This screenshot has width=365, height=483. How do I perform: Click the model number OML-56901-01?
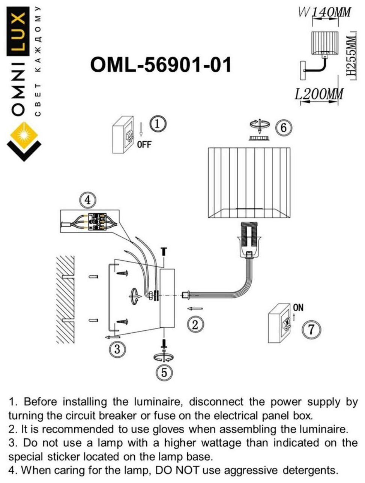(161, 64)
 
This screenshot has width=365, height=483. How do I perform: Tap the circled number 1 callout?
(158, 124)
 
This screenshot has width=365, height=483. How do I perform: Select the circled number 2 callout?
(195, 324)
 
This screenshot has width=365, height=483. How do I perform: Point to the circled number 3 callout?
(117, 349)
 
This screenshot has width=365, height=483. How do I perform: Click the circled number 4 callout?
(88, 200)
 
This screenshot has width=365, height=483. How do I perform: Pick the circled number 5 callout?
(164, 372)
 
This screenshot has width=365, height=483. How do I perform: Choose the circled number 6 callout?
(283, 127)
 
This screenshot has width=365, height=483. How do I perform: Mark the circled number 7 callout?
(311, 330)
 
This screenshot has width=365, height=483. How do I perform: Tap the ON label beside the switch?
(298, 308)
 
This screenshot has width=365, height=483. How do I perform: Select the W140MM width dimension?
(325, 12)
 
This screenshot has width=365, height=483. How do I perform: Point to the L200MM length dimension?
(319, 94)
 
